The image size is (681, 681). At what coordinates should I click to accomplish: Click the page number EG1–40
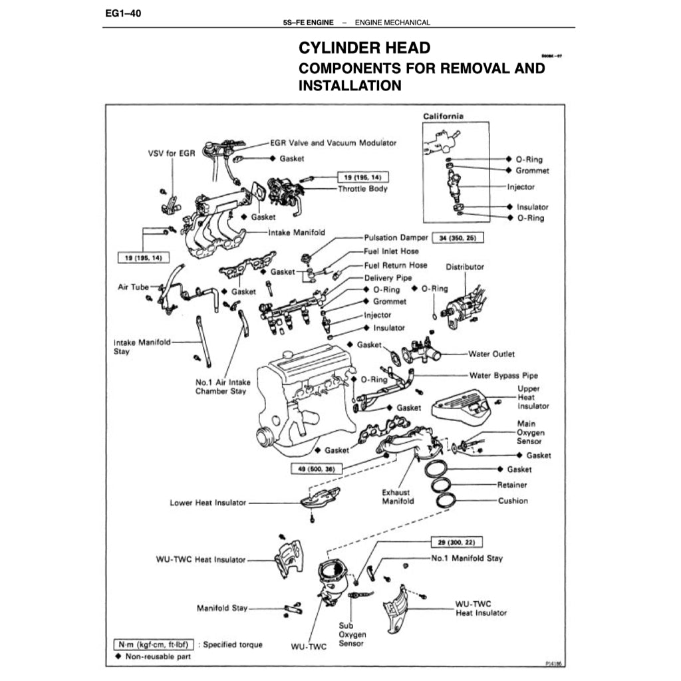pyautogui.click(x=123, y=13)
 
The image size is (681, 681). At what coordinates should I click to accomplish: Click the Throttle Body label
pyautogui.click(x=362, y=189)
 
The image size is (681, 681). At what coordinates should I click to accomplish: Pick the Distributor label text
pyautogui.click(x=465, y=267)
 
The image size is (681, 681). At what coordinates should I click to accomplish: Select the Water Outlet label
pyautogui.click(x=491, y=354)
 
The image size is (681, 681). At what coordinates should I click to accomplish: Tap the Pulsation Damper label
pyautogui.click(x=396, y=237)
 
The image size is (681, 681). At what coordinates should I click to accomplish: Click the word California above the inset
pyautogui.click(x=444, y=116)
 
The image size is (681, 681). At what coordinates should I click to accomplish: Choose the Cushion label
pyautogui.click(x=513, y=501)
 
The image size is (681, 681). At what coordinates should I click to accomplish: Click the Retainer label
pyautogui.click(x=512, y=485)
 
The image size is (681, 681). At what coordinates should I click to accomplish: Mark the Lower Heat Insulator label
pyautogui.click(x=207, y=503)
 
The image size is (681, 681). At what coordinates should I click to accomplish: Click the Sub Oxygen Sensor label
pyautogui.click(x=352, y=634)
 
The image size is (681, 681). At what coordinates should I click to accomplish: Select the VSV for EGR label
pyautogui.click(x=171, y=153)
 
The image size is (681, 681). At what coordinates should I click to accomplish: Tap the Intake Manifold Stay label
pyautogui.click(x=142, y=346)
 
